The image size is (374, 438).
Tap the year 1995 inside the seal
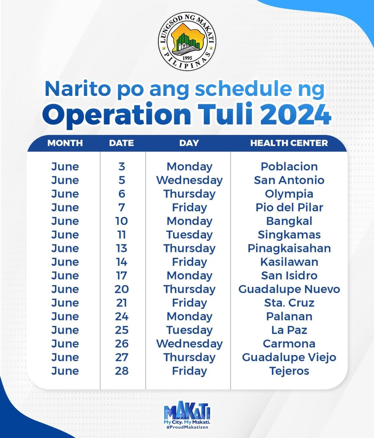(187, 58)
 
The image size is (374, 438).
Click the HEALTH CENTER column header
(289, 143)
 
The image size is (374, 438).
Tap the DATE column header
(121, 143)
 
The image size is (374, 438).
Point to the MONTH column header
(65, 143)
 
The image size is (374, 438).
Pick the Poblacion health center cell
(289, 166)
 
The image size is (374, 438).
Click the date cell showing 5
(122, 180)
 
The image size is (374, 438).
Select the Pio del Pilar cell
(289, 207)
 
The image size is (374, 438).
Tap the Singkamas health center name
(289, 235)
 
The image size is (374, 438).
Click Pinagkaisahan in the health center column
(289, 248)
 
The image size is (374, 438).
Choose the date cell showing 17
(122, 275)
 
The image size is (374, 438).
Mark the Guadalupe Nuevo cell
(289, 289)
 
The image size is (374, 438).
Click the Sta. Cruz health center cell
(289, 303)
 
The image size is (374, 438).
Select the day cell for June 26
(189, 344)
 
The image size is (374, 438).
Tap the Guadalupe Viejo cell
(289, 357)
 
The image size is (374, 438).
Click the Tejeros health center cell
(289, 371)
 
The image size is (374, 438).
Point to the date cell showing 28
(122, 371)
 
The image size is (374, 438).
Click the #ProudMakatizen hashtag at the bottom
(187, 427)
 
